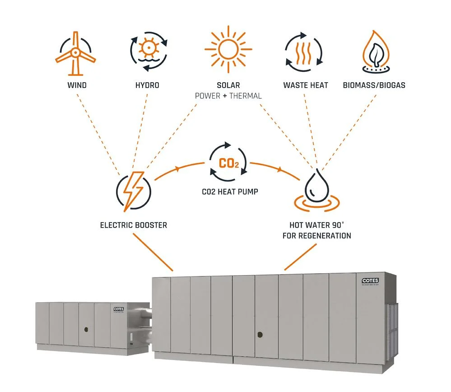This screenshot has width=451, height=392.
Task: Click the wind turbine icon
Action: click(75, 53)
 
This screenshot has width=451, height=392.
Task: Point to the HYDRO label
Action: click(148, 85)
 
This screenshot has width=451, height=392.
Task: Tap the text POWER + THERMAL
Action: click(228, 96)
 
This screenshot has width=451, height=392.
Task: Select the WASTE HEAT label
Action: click(306, 85)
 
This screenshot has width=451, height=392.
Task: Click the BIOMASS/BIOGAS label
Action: click(374, 85)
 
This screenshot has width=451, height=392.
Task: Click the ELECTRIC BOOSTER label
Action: click(134, 224)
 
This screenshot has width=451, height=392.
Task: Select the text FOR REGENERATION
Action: click(316, 236)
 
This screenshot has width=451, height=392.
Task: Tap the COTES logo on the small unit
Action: click(119, 309)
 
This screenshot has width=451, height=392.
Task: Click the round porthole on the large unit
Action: click(260, 335)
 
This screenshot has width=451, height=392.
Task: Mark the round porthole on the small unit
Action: click(85, 330)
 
